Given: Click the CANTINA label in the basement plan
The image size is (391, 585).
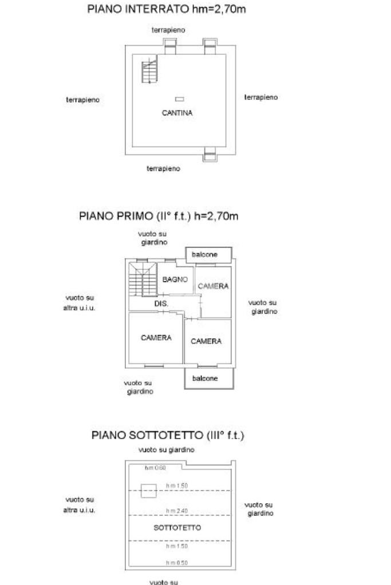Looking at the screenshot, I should tap(177, 113).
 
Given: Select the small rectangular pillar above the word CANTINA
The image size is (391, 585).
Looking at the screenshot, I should tap(179, 99).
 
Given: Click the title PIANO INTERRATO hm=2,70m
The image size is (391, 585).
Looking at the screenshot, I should tap(167, 10).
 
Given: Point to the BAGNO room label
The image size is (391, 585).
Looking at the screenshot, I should tap(175, 280).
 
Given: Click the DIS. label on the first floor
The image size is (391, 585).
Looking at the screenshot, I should tap(161, 304).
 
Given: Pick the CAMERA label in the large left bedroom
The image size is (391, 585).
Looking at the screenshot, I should tap(156, 337).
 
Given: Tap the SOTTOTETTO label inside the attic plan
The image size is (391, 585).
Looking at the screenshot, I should tap(177, 527).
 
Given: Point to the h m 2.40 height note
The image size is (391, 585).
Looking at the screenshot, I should tap(177, 510).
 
